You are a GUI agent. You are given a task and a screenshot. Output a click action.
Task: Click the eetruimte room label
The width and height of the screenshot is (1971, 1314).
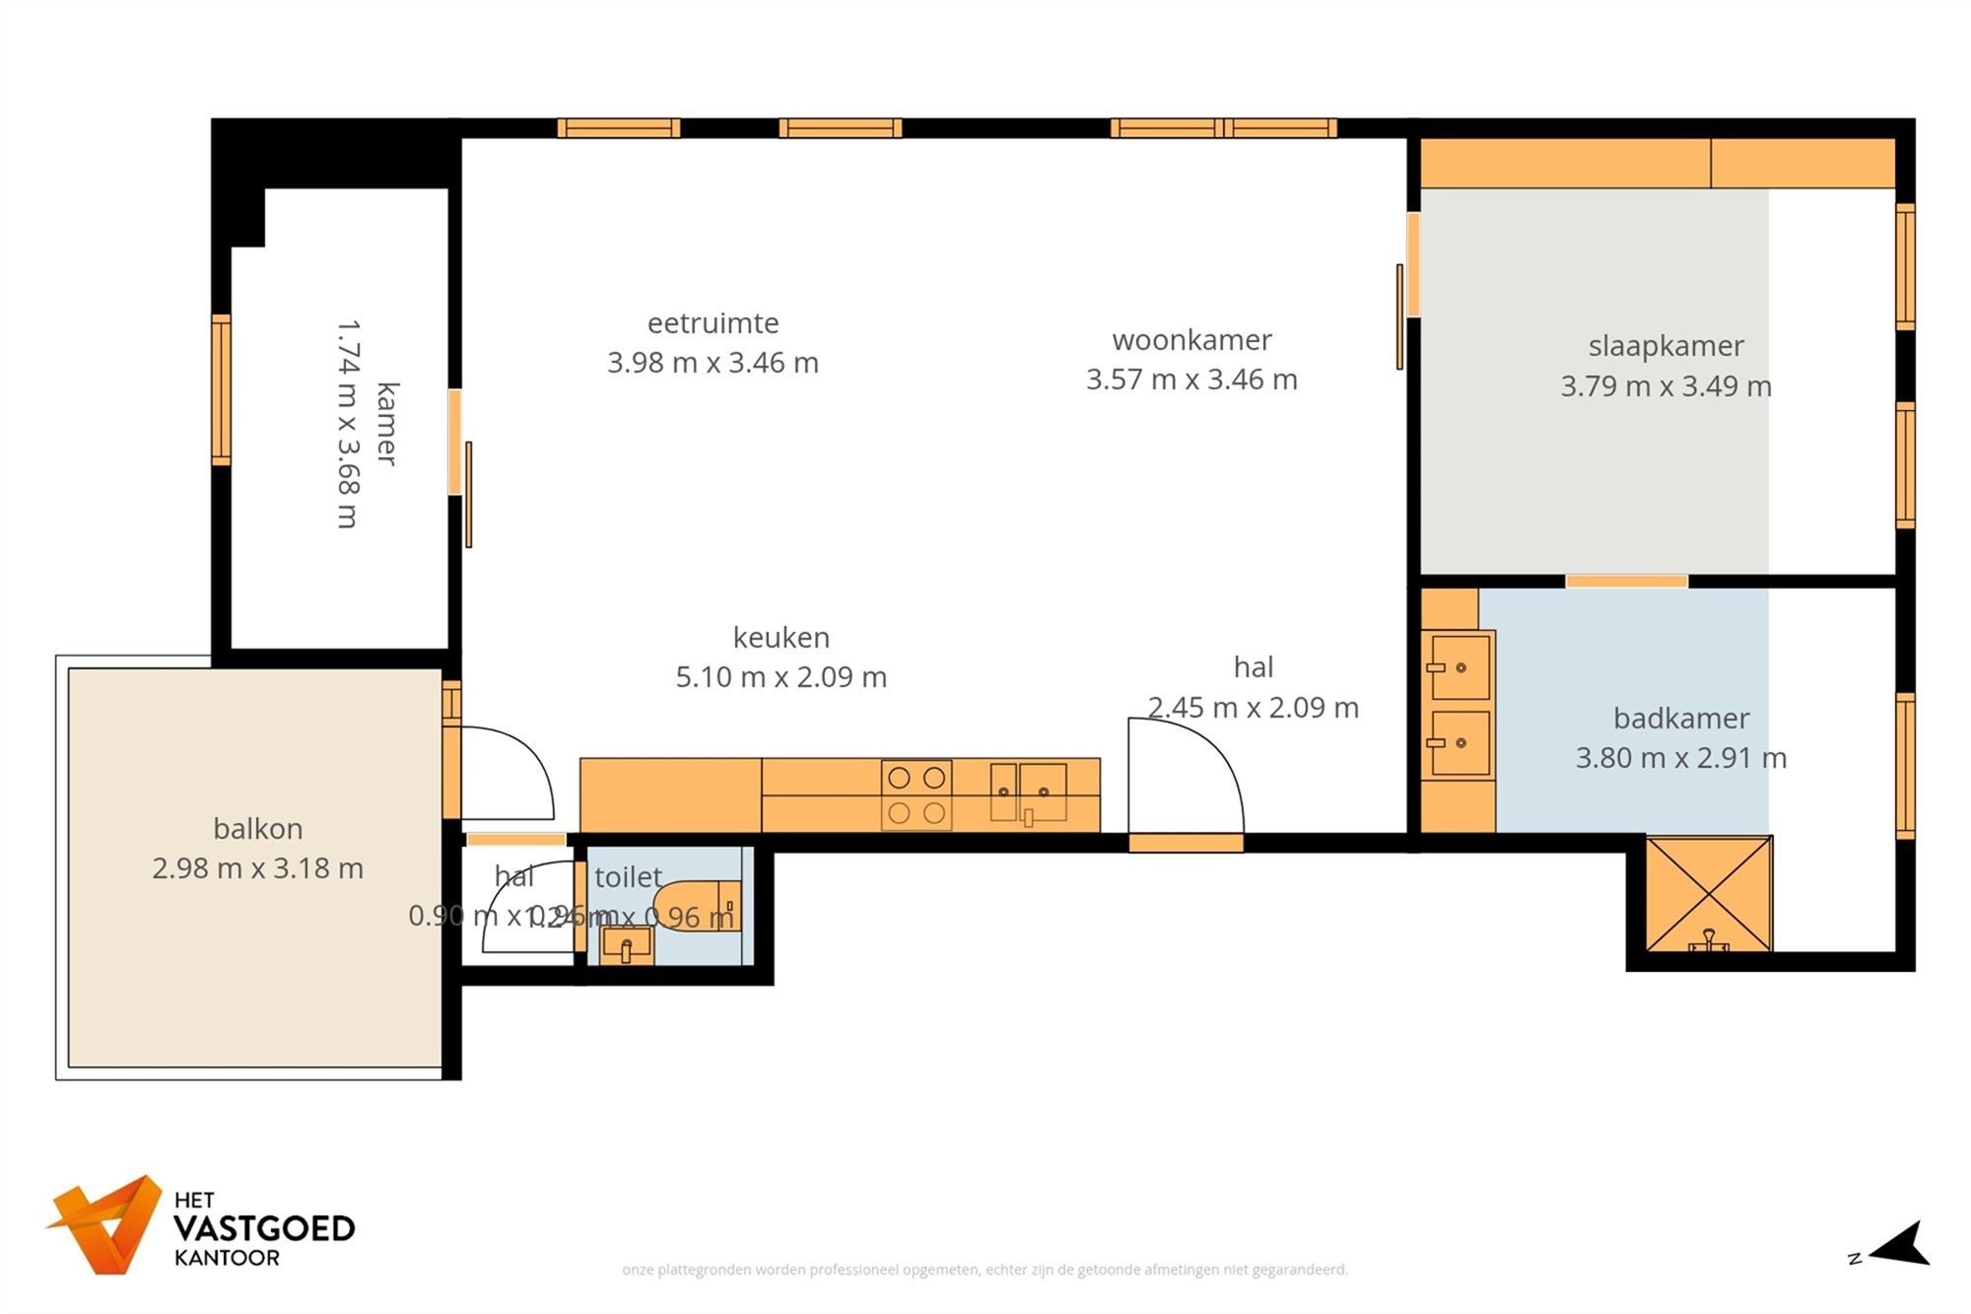click(713, 323)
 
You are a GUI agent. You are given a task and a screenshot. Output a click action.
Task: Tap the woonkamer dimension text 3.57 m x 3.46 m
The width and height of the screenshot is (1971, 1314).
click(1191, 380)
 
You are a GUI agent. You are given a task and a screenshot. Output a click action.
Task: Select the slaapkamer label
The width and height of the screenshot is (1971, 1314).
click(1665, 346)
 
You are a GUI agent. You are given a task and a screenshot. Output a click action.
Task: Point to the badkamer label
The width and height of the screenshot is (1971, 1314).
click(1681, 719)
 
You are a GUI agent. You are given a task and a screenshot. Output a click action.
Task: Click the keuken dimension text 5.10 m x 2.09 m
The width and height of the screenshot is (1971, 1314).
click(781, 677)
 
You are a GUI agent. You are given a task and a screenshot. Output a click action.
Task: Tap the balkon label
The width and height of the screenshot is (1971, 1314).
click(257, 829)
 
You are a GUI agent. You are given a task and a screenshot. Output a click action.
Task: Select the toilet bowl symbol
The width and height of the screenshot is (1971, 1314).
click(695, 905)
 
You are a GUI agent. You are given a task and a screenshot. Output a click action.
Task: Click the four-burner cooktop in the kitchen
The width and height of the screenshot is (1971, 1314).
click(917, 795)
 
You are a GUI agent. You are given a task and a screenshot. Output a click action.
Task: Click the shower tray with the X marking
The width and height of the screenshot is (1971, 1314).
click(1709, 894)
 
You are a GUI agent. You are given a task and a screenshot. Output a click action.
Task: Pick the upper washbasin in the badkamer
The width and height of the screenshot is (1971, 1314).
click(1460, 667)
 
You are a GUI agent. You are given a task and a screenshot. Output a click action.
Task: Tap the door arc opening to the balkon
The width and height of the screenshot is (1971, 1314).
click(512, 769)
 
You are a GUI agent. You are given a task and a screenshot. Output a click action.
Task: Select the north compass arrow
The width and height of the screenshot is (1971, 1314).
click(1902, 1244)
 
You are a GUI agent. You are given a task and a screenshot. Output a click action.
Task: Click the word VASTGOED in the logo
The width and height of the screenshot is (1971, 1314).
click(264, 1229)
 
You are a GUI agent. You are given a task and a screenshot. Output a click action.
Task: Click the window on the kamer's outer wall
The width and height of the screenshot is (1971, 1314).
click(222, 389)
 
